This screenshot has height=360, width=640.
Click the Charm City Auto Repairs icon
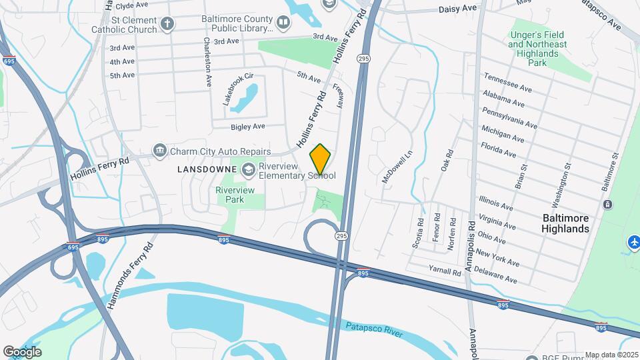(x=159, y=151)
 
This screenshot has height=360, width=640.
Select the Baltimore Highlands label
(x=566, y=223)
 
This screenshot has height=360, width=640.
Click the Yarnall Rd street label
(x=446, y=273)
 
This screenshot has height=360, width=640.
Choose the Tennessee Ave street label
(x=507, y=83)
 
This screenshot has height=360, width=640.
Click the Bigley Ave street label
(x=248, y=126)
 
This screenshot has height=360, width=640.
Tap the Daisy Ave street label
(x=458, y=8)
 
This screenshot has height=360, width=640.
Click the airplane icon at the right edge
(x=633, y=241)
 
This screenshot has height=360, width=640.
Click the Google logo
(x=21, y=351)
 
